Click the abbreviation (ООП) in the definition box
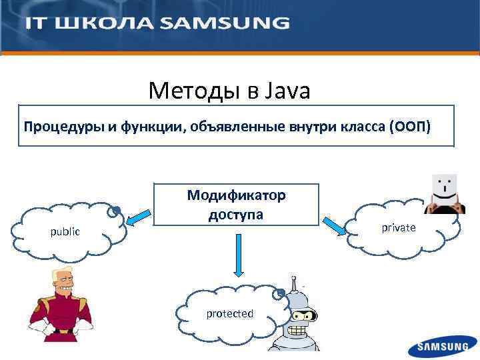click(x=412, y=126)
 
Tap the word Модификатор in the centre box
click(x=236, y=195)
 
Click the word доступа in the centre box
click(x=236, y=215)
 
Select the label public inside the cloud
click(x=65, y=232)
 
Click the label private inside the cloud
click(x=399, y=228)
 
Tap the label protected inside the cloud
click(x=229, y=313)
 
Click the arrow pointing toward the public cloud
click(x=139, y=217)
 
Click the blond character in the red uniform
click(x=60, y=307)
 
